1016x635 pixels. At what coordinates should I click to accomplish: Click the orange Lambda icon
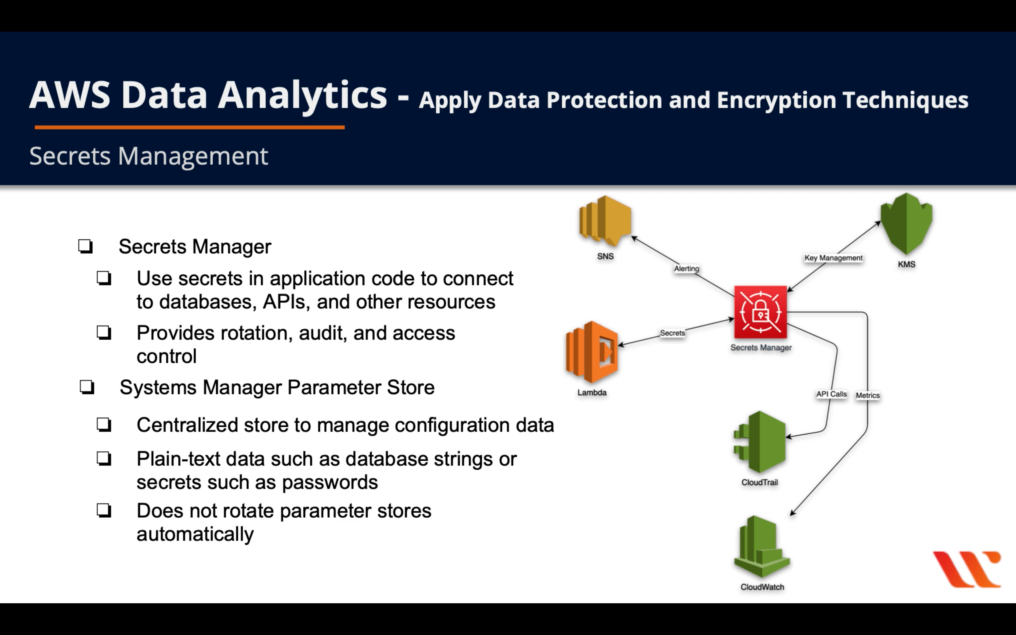[592, 352]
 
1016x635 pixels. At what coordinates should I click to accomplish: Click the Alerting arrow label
[686, 268]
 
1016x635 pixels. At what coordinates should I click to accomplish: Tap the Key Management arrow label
[833, 258]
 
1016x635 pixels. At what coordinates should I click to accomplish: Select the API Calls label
[831, 394]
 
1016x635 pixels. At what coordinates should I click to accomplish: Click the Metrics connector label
[867, 395]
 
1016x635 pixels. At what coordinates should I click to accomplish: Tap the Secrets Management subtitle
[148, 156]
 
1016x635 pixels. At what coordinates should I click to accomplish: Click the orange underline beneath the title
[189, 127]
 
